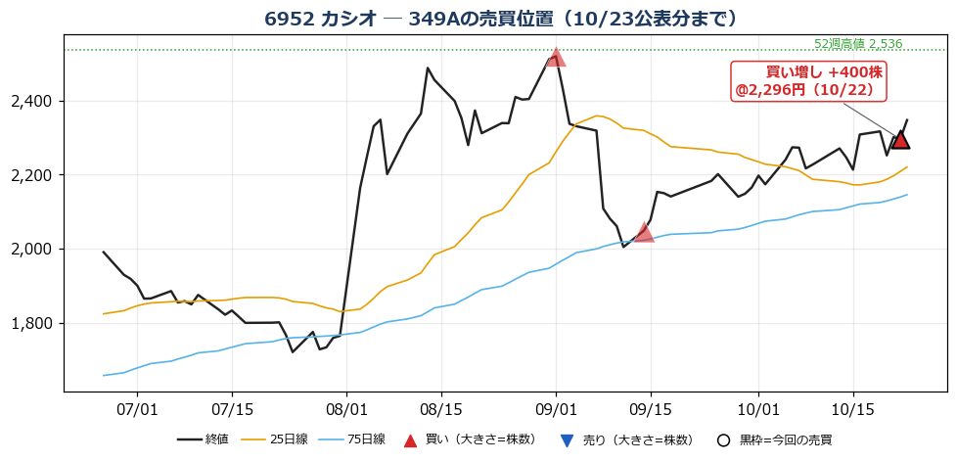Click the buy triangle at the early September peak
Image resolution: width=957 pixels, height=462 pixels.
[x=556, y=59]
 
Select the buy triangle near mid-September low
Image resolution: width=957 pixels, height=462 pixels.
[x=644, y=234]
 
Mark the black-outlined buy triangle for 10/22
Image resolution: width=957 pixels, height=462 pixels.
[x=900, y=142]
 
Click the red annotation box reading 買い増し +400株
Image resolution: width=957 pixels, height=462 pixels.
[x=808, y=81]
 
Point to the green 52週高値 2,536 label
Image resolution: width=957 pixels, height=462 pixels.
[x=858, y=44]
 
